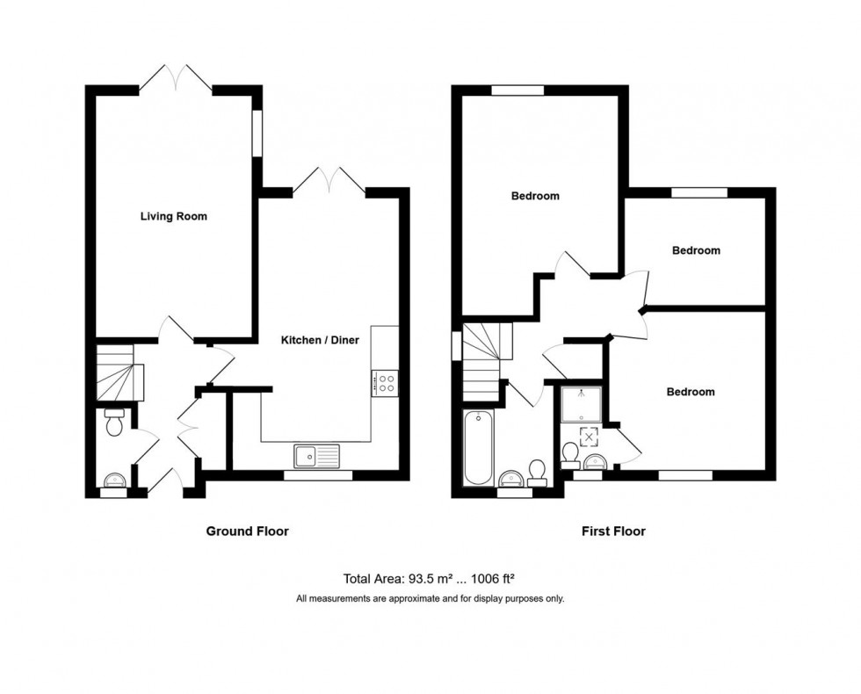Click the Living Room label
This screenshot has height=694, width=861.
coord(174,216)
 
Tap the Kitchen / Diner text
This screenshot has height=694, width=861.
coord(320,340)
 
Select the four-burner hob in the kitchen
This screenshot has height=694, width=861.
coord(385,382)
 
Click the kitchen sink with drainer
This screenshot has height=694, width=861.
coord(316,455)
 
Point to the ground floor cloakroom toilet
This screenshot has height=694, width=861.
coord(114,423)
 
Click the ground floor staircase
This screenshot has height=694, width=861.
coord(118,372)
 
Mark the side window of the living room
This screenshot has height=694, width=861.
coord(257,133)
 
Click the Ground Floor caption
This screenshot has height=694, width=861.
coord(247,531)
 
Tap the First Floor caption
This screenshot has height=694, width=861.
coord(613,531)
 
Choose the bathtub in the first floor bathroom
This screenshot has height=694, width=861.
coord(478,448)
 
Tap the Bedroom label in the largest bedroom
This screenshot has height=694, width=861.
coord(535,196)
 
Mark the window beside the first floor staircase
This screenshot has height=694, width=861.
coord(456,344)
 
